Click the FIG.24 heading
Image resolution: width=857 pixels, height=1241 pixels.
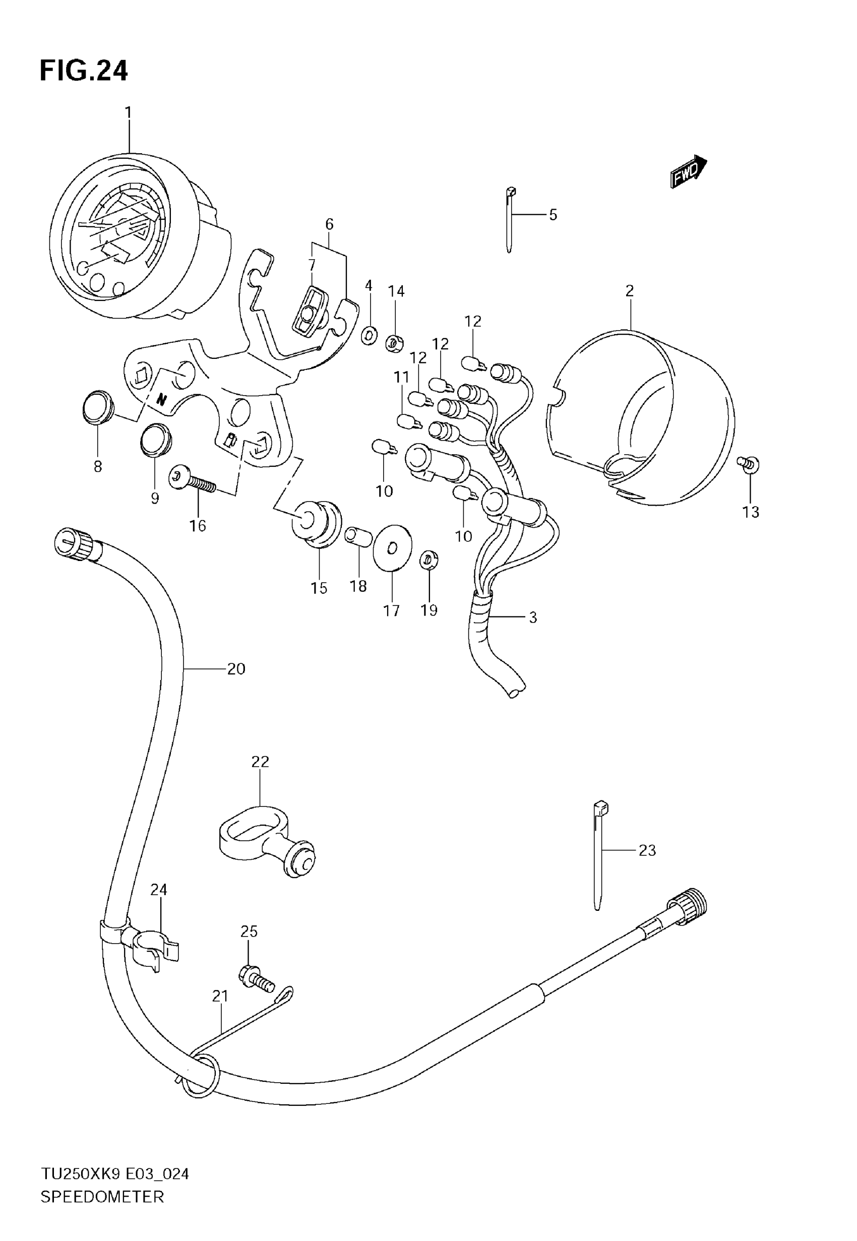point(84,71)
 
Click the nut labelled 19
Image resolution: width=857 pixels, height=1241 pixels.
point(428,560)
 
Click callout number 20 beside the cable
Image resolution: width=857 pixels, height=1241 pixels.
point(236,668)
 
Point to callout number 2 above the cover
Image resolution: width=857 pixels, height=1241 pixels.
point(629,290)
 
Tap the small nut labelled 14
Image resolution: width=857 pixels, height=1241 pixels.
point(395,342)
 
